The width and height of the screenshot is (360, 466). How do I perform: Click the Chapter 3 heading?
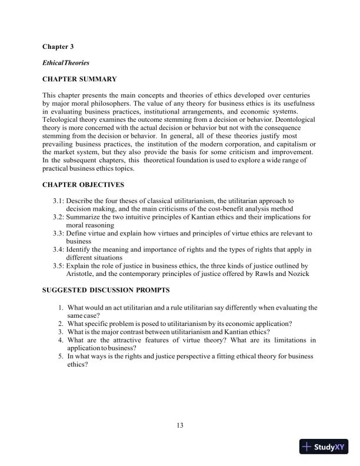point(58,46)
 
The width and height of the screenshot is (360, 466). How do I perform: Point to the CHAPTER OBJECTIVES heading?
point(83,185)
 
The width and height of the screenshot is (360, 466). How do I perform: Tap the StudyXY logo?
point(324,447)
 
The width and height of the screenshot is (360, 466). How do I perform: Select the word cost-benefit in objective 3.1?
point(234,209)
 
